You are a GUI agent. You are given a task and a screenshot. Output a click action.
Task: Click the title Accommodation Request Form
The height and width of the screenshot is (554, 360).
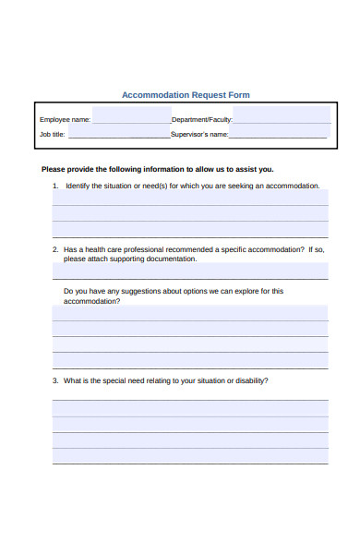tap(186, 95)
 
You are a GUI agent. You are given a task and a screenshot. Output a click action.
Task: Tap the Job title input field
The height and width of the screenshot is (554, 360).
tap(118, 134)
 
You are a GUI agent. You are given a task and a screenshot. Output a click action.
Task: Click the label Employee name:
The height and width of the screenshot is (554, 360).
tap(65, 120)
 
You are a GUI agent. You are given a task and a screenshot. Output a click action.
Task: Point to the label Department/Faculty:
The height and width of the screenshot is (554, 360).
tap(202, 120)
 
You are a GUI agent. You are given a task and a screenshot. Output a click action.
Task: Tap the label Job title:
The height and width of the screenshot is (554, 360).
tap(52, 135)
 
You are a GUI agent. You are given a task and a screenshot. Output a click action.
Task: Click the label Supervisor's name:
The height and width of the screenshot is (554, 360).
tap(199, 135)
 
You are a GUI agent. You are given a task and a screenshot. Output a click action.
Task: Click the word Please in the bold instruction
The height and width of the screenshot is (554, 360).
tap(54, 169)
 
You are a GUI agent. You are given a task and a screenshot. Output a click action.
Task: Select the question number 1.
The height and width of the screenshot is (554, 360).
tap(54, 186)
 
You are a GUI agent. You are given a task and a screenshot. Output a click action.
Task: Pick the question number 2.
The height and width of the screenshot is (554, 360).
tap(54, 249)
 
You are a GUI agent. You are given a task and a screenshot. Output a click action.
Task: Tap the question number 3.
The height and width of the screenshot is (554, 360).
tap(54, 380)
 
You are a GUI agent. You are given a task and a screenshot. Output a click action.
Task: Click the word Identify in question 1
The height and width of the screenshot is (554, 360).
tap(77, 186)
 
